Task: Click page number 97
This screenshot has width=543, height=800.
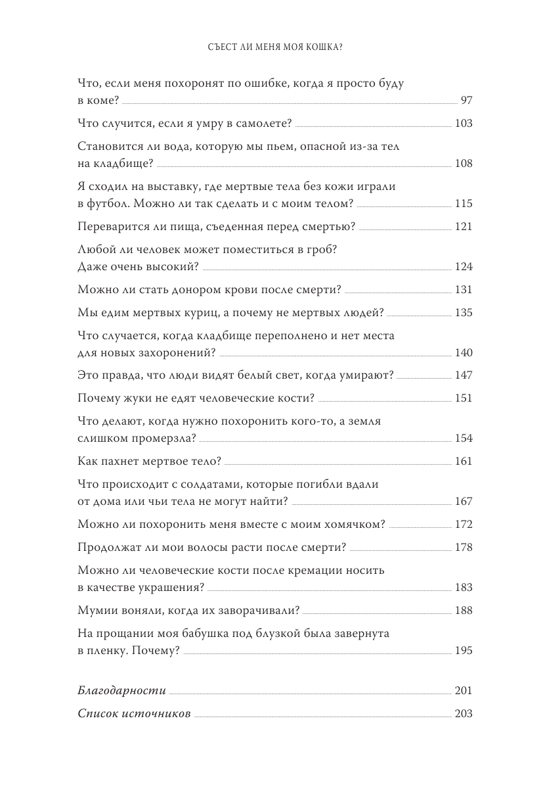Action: click(467, 101)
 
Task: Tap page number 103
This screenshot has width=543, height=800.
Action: click(464, 124)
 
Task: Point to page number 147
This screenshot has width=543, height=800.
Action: click(464, 375)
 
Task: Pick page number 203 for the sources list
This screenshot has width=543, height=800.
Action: click(464, 714)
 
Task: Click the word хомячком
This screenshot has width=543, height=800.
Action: click(353, 524)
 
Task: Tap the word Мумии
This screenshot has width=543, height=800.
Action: click(97, 610)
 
